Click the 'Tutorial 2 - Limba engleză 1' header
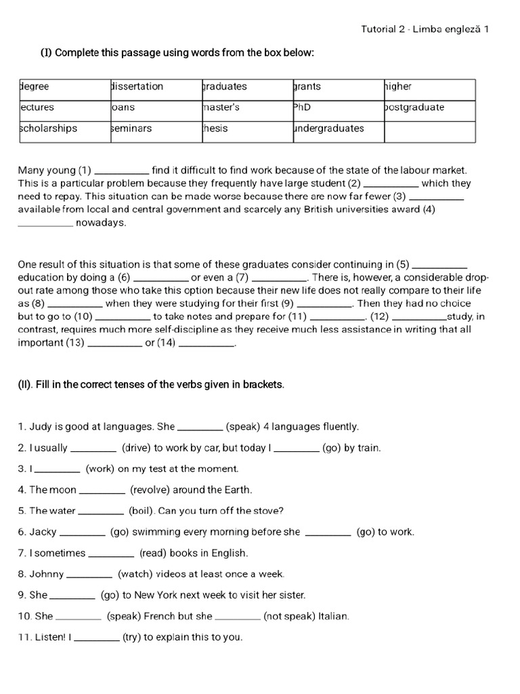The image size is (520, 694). (x=425, y=28)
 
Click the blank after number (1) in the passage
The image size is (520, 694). (x=122, y=171)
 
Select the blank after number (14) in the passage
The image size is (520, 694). (x=206, y=344)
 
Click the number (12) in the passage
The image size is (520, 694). (x=379, y=317)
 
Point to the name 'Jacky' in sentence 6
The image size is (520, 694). (x=43, y=532)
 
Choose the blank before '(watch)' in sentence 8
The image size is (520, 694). (x=89, y=575)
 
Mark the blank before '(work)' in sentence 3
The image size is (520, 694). (x=58, y=470)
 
